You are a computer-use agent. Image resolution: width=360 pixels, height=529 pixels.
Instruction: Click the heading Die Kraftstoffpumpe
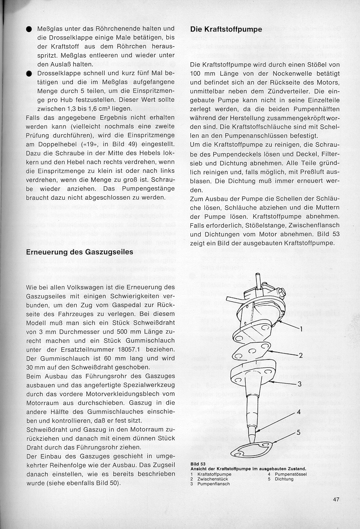[x=226, y=29]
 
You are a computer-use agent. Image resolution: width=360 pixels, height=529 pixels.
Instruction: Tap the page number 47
[x=337, y=500]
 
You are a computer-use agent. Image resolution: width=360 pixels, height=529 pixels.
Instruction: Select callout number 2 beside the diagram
[x=301, y=356]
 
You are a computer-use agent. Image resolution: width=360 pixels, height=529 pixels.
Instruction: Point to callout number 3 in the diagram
[x=300, y=384]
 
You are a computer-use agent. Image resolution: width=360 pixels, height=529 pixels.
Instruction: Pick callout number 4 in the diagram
[x=299, y=411]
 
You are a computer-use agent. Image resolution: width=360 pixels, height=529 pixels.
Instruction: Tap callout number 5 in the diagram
[x=299, y=432]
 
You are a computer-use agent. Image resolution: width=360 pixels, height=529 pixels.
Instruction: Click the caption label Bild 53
[x=198, y=464]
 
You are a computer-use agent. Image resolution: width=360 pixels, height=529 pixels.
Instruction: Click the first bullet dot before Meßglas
[x=29, y=29]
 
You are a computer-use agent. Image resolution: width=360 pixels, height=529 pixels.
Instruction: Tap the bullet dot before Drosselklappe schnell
[x=29, y=73]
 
